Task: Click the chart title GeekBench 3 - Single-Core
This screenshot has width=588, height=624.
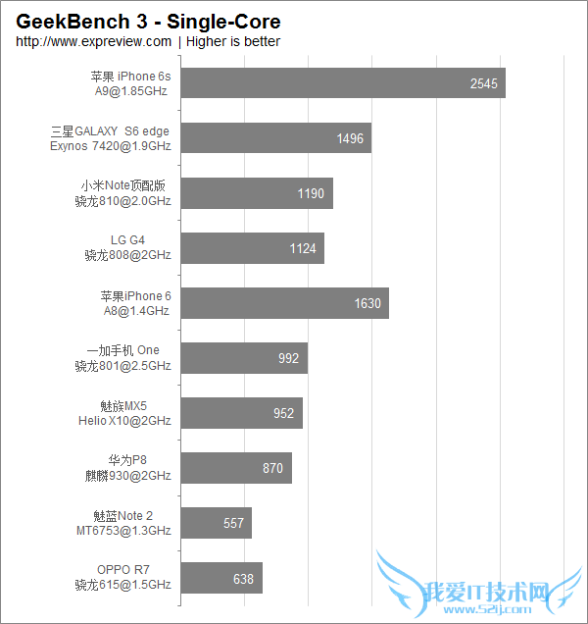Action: pyautogui.click(x=147, y=22)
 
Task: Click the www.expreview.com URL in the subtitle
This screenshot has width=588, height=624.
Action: pyautogui.click(x=93, y=41)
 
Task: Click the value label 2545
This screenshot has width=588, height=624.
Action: pyautogui.click(x=484, y=83)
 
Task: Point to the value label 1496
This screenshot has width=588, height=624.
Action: pyautogui.click(x=350, y=138)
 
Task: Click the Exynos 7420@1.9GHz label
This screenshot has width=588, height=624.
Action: pyautogui.click(x=111, y=146)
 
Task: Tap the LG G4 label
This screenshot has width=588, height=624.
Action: pyautogui.click(x=127, y=239)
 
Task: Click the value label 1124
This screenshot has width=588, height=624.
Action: pyautogui.click(x=303, y=248)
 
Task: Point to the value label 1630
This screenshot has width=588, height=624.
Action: pyautogui.click(x=367, y=303)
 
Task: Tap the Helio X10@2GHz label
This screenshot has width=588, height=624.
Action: pyautogui.click(x=124, y=421)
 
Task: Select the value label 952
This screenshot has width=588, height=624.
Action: pyautogui.click(x=283, y=413)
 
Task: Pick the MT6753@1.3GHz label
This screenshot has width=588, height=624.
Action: pyautogui.click(x=122, y=531)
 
